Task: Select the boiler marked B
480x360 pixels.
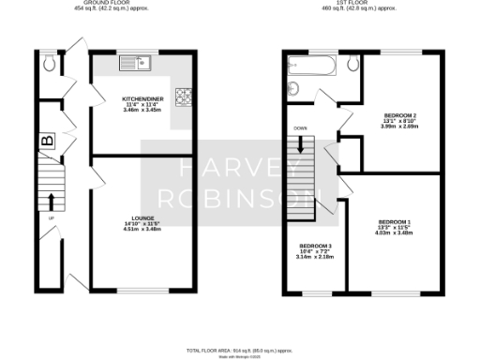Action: [46, 142]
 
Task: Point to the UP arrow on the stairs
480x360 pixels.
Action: [49, 201]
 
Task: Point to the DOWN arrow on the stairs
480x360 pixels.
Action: [301, 145]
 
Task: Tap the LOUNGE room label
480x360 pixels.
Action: [142, 217]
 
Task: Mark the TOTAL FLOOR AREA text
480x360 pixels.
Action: [240, 349]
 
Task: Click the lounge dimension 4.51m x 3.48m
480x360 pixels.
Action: [142, 229]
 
